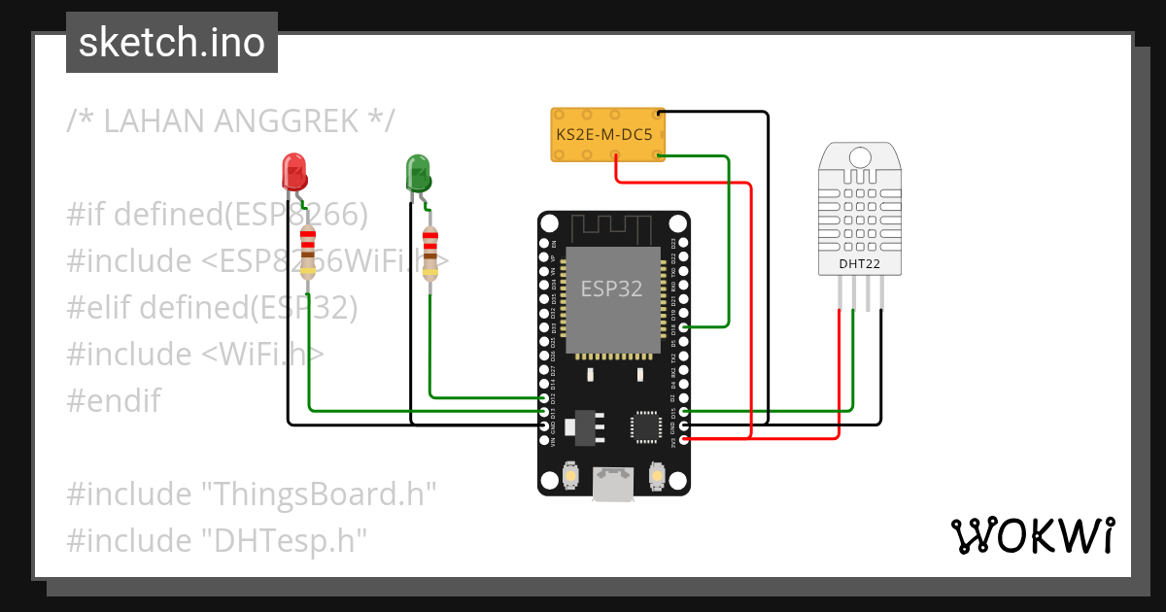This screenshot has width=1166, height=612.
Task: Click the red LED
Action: click(293, 172)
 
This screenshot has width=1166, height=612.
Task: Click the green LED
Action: click(418, 173)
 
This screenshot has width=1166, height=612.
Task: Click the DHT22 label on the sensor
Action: click(858, 263)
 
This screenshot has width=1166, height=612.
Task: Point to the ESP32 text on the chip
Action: click(611, 289)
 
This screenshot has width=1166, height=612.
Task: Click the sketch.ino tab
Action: click(171, 43)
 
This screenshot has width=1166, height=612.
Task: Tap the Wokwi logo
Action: click(1031, 535)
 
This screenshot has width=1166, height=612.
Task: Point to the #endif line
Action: click(114, 400)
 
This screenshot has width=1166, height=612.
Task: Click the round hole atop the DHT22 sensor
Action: click(859, 157)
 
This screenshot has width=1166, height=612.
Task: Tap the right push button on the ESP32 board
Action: click(658, 477)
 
